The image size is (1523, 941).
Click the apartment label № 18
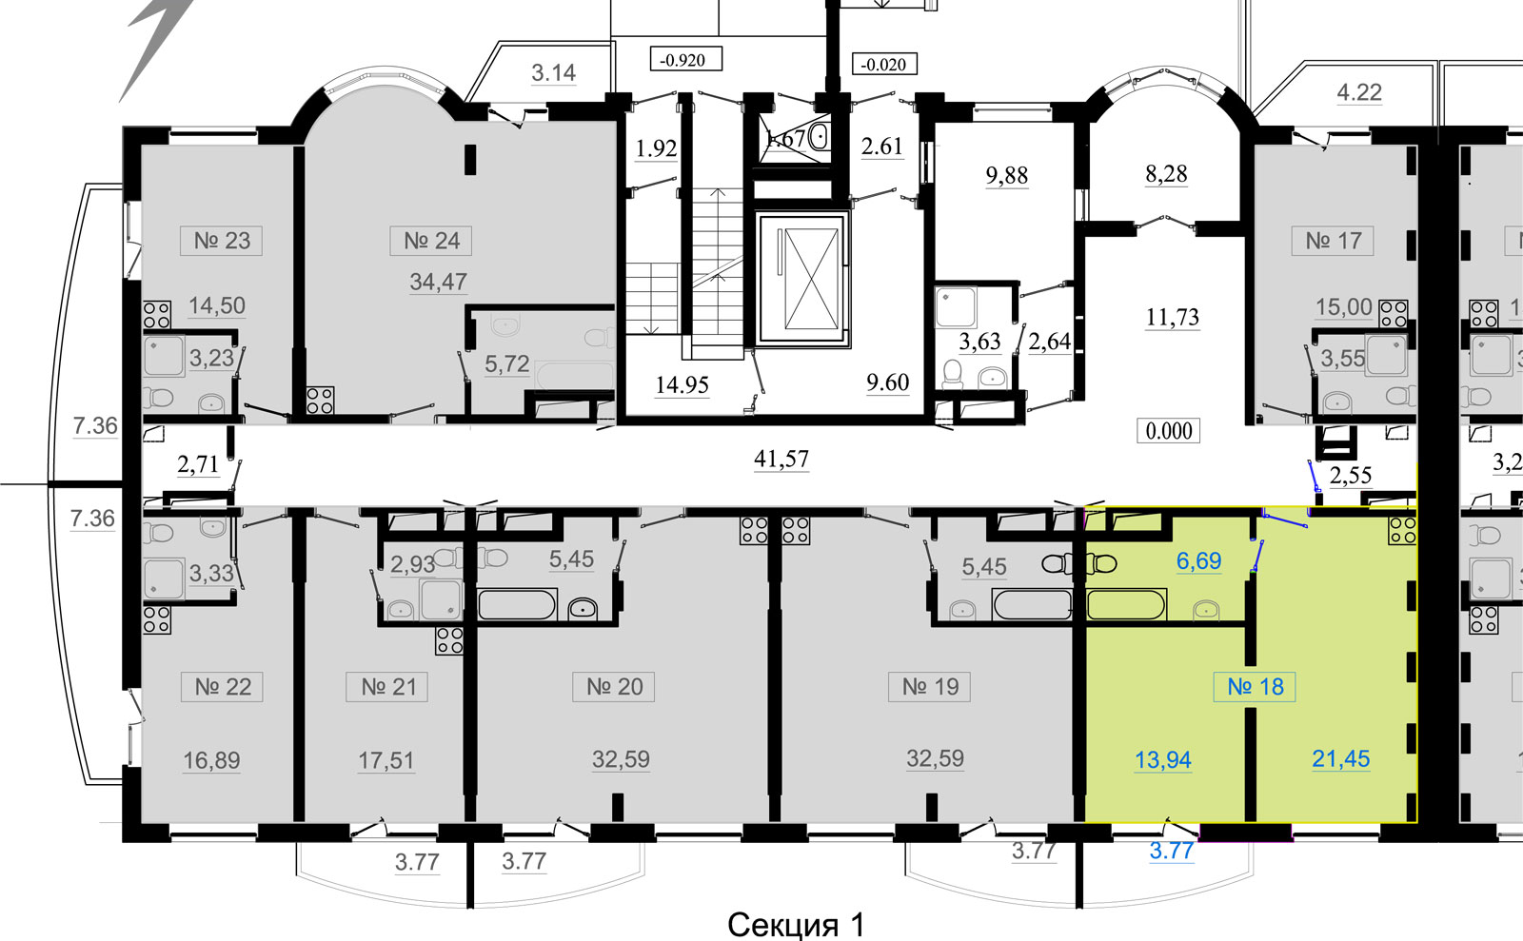[x=1255, y=686]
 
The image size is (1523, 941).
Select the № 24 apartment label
[x=431, y=241]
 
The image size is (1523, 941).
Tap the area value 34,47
[x=438, y=282]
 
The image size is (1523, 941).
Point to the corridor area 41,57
[x=781, y=459]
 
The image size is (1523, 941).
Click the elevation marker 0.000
[x=1168, y=431]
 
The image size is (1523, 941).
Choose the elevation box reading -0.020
[x=883, y=65]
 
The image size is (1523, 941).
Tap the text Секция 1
[x=796, y=924]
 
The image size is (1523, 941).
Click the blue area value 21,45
[x=1340, y=758]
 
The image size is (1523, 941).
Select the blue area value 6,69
[x=1198, y=560]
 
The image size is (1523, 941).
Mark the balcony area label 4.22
[x=1358, y=92]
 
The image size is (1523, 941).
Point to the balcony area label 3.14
[x=553, y=72]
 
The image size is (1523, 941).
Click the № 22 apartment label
[x=223, y=686]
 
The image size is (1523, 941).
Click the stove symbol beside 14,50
[x=157, y=315]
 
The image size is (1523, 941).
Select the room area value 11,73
[x=1172, y=317]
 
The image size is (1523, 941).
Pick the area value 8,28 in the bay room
[x=1166, y=174]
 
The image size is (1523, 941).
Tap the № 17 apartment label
[x=1333, y=241]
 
